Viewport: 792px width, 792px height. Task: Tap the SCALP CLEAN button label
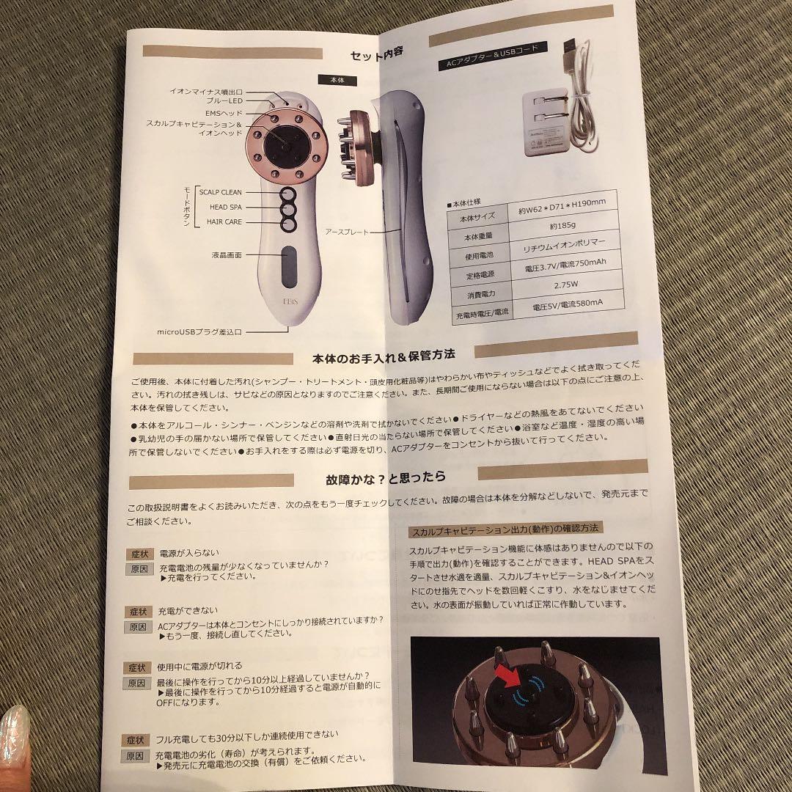220,192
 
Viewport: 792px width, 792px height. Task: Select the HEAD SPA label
225,208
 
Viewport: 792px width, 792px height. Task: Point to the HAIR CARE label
224,221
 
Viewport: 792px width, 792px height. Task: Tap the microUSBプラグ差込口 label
199,331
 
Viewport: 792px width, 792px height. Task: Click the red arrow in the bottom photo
505,677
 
